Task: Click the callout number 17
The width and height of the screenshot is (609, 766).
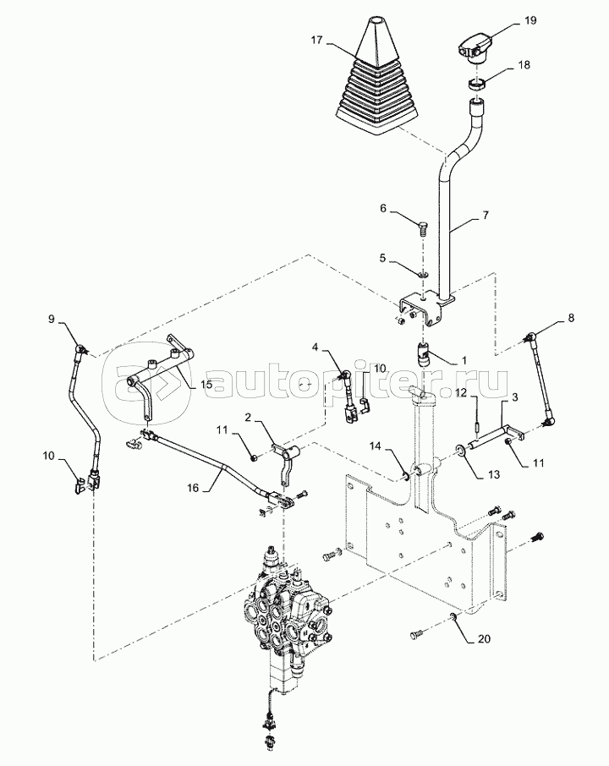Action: click(316, 40)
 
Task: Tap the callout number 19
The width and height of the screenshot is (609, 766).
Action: click(530, 20)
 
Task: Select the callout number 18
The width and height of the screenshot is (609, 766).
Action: click(524, 65)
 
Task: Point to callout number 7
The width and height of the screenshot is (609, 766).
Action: click(485, 215)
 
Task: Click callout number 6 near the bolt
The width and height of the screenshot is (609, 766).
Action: click(383, 209)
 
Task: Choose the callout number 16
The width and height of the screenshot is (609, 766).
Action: click(194, 488)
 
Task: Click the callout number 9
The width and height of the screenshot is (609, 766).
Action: click(52, 320)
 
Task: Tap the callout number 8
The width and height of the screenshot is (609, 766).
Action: click(570, 318)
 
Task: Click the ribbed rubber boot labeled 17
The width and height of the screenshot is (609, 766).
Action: click(376, 77)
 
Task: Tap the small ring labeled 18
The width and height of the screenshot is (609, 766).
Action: click(476, 84)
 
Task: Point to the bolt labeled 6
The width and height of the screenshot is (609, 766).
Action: click(422, 228)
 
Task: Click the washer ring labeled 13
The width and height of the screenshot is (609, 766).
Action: click(461, 449)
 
